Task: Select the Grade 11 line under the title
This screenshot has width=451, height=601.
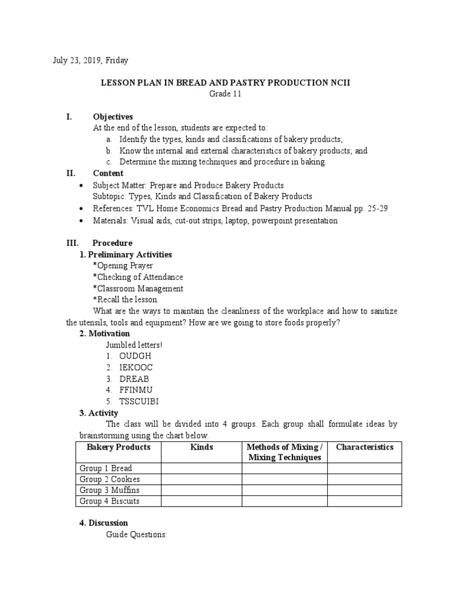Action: coord(225,94)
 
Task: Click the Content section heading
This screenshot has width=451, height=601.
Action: coord(108,173)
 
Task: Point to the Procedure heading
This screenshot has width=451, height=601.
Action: coord(112,243)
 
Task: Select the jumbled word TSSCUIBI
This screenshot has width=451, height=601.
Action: coord(139,401)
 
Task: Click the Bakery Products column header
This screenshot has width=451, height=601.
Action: coord(118,447)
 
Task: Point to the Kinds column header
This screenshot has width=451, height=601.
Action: coord(201,447)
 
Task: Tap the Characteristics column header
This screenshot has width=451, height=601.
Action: coord(364,447)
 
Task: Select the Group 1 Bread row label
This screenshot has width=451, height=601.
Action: coord(106,468)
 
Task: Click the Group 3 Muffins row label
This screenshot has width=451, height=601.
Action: coord(109,490)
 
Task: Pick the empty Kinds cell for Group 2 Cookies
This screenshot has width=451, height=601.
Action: coord(201,480)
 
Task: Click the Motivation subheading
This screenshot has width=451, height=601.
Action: coord(105,333)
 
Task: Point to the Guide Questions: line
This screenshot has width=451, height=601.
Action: coord(136,535)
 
